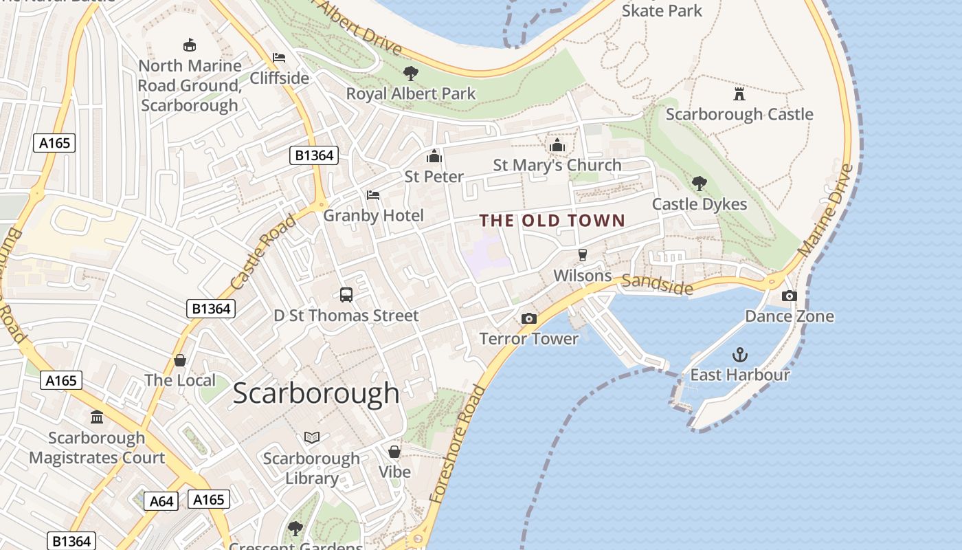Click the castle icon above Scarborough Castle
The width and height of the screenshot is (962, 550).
pyautogui.click(x=739, y=93)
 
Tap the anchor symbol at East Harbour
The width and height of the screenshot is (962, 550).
pyautogui.click(x=739, y=355)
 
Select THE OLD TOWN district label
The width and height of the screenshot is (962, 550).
pyautogui.click(x=552, y=221)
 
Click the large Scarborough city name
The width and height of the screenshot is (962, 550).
pyautogui.click(x=316, y=393)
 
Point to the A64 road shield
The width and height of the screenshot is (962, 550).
pyautogui.click(x=161, y=501)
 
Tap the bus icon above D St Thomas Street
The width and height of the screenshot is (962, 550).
pyautogui.click(x=346, y=295)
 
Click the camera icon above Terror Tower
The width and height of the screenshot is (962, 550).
pyautogui.click(x=528, y=318)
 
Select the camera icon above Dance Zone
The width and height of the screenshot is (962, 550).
pyautogui.click(x=790, y=296)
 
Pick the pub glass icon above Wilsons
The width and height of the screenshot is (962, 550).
pyautogui.click(x=583, y=255)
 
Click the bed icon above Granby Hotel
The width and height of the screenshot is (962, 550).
pyautogui.click(x=373, y=195)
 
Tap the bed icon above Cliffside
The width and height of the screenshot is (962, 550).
pyautogui.click(x=279, y=57)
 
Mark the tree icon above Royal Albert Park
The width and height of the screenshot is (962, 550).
pyautogui.click(x=410, y=72)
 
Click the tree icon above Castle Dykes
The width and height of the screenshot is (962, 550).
pyautogui.click(x=700, y=183)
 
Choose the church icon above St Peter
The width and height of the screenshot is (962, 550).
pyautogui.click(x=434, y=156)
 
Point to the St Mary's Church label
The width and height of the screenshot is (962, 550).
pyautogui.click(x=557, y=165)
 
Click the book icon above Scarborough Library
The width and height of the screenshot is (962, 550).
pyautogui.click(x=311, y=437)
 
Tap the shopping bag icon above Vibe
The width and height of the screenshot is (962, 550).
pyautogui.click(x=394, y=452)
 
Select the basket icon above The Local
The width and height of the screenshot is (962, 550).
pyautogui.click(x=180, y=360)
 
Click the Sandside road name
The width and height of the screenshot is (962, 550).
pyautogui.click(x=658, y=284)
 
